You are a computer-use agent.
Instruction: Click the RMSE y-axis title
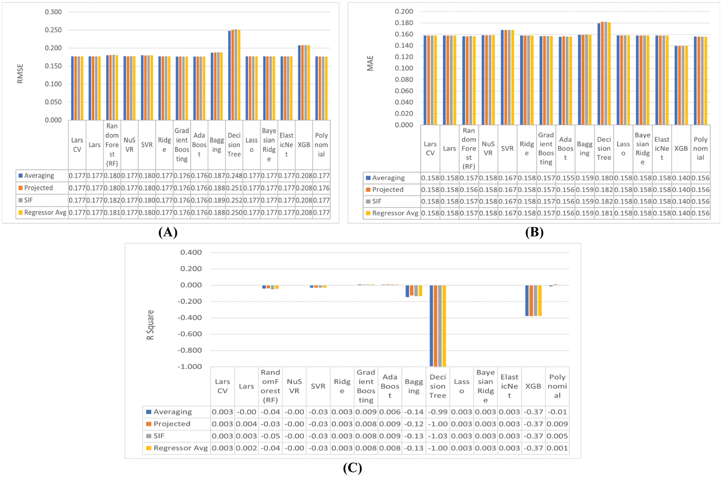coord(20,73)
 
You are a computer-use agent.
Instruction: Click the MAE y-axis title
coord(370,63)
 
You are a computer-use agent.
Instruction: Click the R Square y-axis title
coord(150,325)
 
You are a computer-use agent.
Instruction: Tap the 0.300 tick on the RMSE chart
coord(53,12)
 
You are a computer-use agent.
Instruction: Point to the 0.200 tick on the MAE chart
coord(404,12)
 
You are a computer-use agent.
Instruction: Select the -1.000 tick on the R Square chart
coord(189,367)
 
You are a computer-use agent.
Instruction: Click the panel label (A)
coord(168,232)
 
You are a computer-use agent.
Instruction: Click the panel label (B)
coord(534,232)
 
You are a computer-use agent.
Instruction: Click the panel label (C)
coord(352,468)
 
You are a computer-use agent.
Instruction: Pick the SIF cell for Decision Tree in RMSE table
coord(234,200)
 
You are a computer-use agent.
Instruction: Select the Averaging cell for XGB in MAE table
coord(681,178)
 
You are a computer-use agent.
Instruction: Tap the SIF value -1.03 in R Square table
coord(437,436)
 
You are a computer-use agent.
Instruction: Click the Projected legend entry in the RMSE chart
coord(38,188)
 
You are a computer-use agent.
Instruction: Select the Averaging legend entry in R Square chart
coord(172,412)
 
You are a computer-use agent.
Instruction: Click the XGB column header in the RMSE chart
coord(304,145)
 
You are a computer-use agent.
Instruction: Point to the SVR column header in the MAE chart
coord(507,149)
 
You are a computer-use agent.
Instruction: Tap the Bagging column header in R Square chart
coord(414,386)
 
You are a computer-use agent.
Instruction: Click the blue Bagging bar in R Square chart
coord(408,291)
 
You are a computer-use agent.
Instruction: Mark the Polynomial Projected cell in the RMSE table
coord(321,188)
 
